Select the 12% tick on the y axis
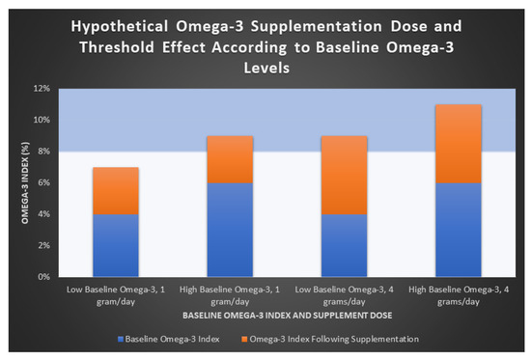[x=42, y=89]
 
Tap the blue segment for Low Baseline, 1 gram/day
[x=116, y=245]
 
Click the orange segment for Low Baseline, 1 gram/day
[x=116, y=190]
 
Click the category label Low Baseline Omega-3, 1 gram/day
[x=116, y=292]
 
